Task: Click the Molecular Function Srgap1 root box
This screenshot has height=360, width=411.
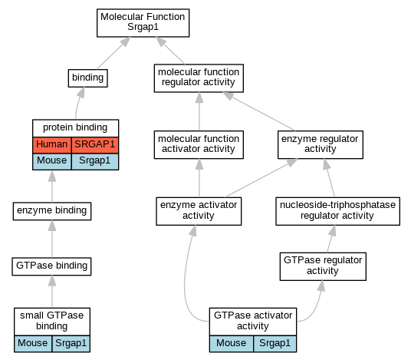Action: click(143, 23)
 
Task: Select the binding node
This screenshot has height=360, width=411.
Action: click(88, 78)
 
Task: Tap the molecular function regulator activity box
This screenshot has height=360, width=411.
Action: click(199, 78)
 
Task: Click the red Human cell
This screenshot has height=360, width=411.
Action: click(52, 145)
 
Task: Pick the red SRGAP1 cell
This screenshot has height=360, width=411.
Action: click(95, 145)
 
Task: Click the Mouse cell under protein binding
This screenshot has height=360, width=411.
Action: click(52, 161)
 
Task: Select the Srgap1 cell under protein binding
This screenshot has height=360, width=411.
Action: click(95, 161)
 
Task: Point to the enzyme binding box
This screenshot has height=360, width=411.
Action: click(52, 211)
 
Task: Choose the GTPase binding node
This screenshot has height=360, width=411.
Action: click(51, 266)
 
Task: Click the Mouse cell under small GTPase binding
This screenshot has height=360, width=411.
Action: click(33, 343)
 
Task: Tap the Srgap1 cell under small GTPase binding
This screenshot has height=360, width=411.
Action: click(71, 343)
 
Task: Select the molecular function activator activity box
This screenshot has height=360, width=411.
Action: click(199, 144)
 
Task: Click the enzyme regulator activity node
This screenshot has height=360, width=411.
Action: click(321, 144)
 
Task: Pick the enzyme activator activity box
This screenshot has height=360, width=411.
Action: click(199, 211)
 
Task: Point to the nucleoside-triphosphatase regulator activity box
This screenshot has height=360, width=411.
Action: click(337, 211)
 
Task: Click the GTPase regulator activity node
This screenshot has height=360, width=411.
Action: click(323, 266)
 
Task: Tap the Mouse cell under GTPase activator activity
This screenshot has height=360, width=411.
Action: click(232, 343)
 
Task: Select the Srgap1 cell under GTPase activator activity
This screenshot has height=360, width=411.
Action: click(275, 343)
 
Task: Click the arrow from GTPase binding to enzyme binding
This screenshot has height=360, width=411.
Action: click(52, 239)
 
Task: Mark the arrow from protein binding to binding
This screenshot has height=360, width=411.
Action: click(78, 103)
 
